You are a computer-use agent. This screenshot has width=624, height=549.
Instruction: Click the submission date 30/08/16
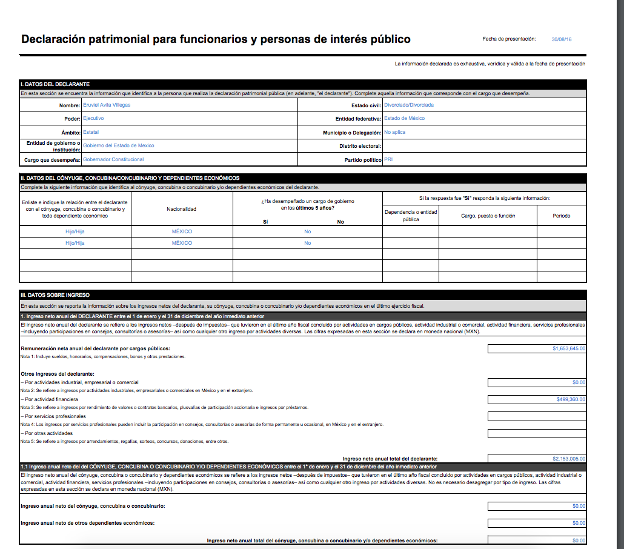click(x=562, y=39)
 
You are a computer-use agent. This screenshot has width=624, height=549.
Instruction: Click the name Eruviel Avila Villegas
click(x=107, y=105)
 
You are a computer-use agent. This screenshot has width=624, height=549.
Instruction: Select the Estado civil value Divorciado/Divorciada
click(x=409, y=105)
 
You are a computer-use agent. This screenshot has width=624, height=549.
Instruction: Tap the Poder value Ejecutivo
click(x=93, y=118)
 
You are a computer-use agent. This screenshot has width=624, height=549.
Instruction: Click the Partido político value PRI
click(x=388, y=159)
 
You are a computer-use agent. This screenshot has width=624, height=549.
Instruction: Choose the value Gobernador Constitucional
click(x=113, y=159)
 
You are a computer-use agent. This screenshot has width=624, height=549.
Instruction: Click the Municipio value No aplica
click(x=395, y=132)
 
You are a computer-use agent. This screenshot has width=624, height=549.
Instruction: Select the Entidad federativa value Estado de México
click(x=405, y=118)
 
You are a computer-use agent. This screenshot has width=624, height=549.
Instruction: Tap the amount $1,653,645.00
click(x=569, y=348)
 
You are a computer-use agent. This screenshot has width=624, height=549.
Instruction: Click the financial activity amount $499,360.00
click(x=571, y=399)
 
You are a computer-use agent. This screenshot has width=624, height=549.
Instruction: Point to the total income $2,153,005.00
click(x=569, y=459)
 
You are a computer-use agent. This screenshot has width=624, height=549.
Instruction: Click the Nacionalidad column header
click(x=182, y=209)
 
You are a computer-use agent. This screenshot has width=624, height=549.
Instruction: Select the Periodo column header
click(x=561, y=216)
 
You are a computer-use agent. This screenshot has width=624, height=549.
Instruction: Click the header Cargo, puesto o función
click(x=488, y=216)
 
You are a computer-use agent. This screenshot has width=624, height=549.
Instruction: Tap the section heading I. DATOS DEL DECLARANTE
click(x=56, y=84)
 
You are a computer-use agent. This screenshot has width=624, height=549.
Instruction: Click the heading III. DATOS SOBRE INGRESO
click(x=55, y=294)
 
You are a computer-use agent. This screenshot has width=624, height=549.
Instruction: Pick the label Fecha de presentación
click(x=509, y=39)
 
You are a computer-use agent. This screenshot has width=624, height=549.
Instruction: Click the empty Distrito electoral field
click(x=484, y=146)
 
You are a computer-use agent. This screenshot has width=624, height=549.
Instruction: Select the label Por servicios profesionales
click(x=55, y=416)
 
